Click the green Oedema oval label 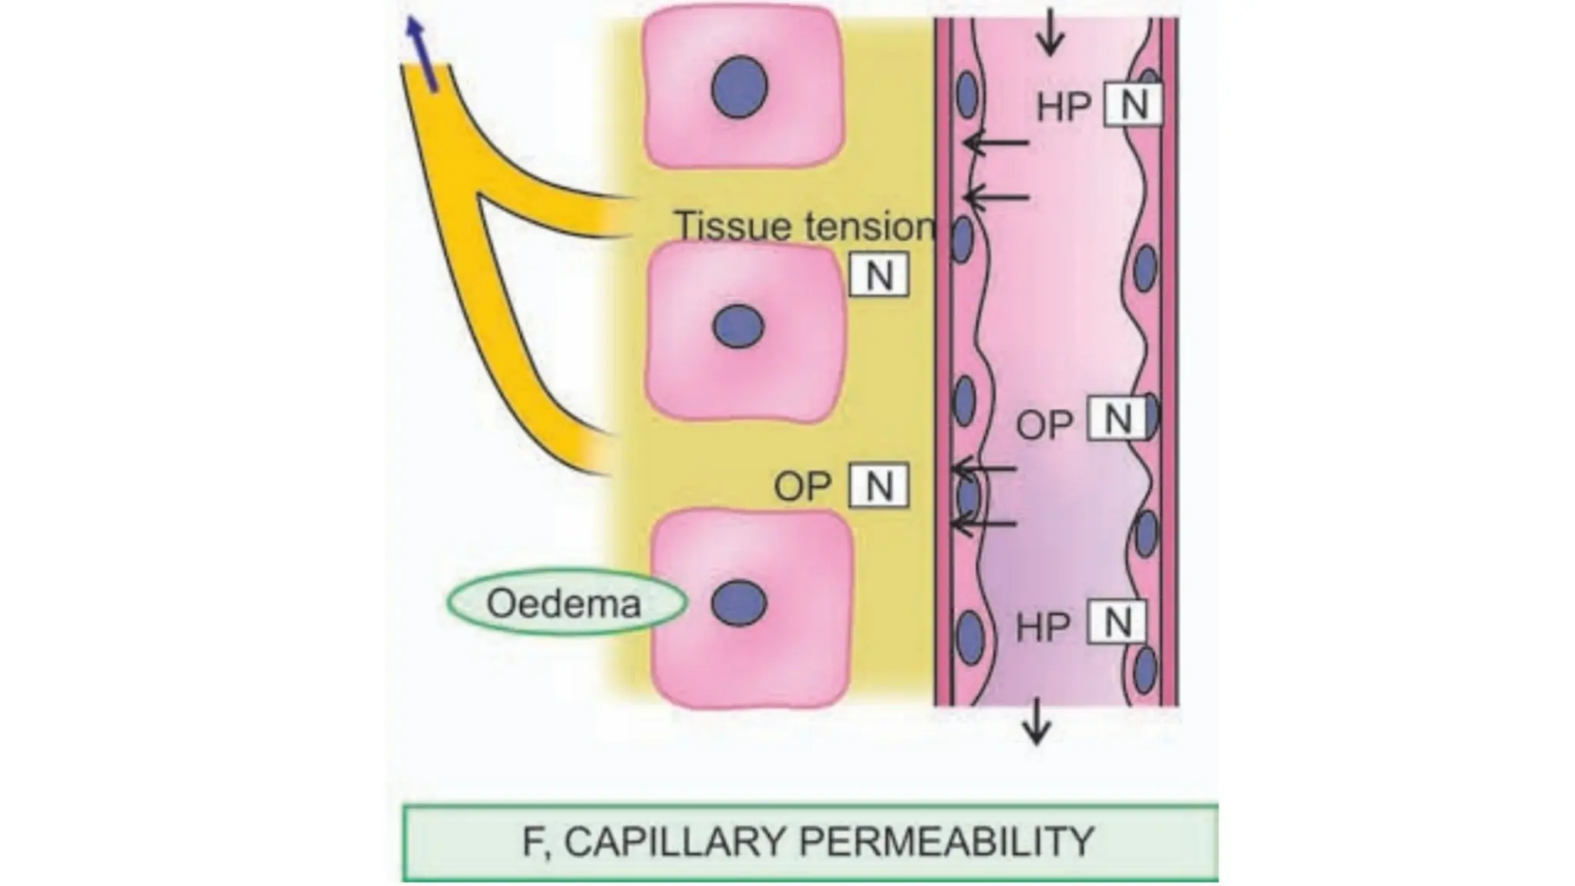(566, 603)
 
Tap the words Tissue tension (804, 226)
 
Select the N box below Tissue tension (879, 275)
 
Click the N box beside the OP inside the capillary (1117, 419)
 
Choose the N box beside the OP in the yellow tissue (879, 485)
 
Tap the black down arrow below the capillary (1037, 721)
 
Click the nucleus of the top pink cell (739, 87)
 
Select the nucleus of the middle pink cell (738, 326)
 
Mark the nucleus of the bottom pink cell (738, 602)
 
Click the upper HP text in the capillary (1064, 107)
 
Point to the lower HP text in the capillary (1044, 627)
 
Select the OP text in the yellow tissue (802, 487)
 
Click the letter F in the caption (532, 841)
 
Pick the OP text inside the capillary (1044, 425)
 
